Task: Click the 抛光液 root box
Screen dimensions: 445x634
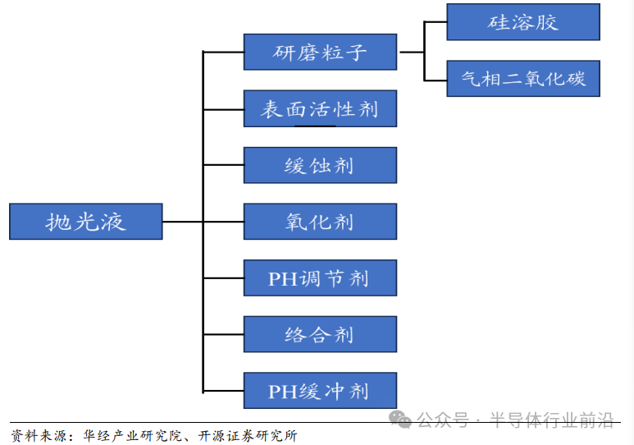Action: (85, 222)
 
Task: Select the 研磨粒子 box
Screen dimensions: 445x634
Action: (320, 53)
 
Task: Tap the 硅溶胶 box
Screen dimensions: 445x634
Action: (522, 22)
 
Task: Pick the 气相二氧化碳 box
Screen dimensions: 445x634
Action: (522, 79)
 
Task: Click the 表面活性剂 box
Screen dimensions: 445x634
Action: (320, 109)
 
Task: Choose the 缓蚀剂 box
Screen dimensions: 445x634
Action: (320, 165)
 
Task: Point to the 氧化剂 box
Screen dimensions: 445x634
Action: (320, 222)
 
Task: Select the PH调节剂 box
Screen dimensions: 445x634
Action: (320, 278)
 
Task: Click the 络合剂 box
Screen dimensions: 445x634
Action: (320, 334)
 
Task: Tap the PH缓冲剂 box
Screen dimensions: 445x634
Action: (320, 391)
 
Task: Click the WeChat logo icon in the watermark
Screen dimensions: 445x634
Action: (401, 420)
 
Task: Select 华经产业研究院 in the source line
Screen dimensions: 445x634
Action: (132, 435)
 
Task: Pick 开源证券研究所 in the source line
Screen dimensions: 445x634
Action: (246, 435)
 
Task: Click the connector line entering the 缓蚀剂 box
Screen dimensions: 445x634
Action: (223, 165)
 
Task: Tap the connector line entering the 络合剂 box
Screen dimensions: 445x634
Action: (223, 334)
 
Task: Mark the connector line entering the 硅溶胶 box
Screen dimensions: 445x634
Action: (436, 22)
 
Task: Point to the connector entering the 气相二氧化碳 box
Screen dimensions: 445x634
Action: (436, 80)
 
